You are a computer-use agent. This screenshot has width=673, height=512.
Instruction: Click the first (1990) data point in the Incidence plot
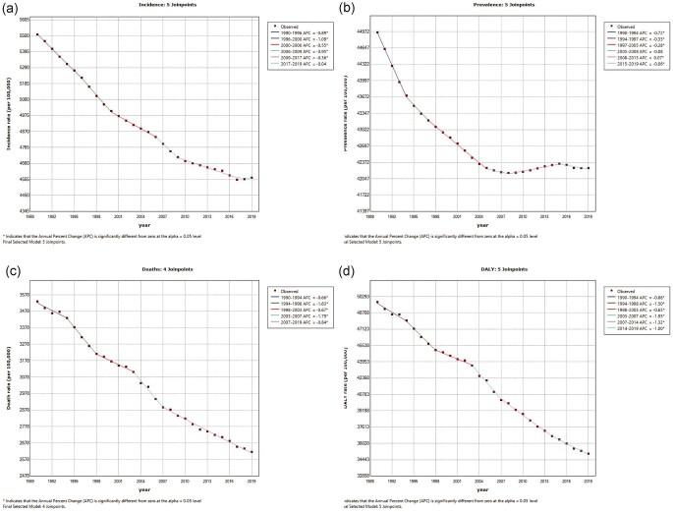click(37, 35)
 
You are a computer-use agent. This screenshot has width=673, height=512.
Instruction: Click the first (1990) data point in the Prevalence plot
click(377, 32)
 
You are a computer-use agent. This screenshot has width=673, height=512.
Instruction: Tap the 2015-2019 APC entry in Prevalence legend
click(628, 65)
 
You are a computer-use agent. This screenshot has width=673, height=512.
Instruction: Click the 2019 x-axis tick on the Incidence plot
click(252, 216)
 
